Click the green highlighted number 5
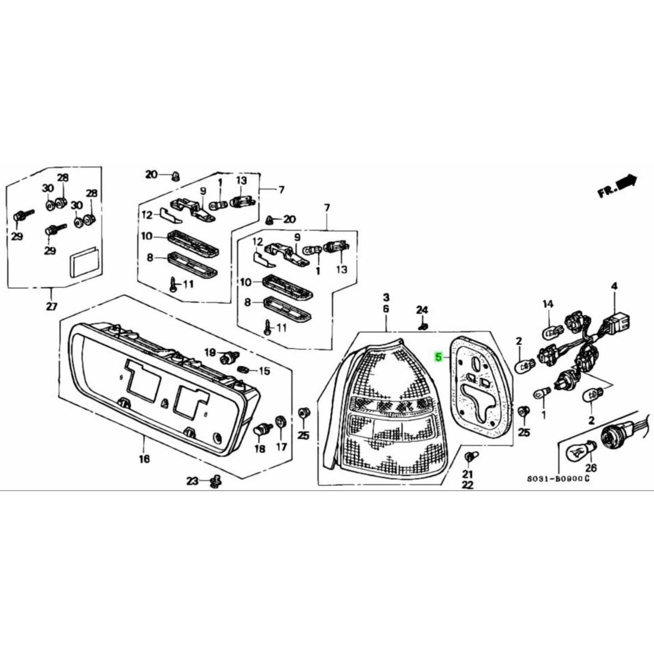click(438, 357)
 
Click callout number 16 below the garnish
click(144, 459)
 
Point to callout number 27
click(52, 306)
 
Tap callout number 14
click(548, 304)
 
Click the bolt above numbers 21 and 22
click(469, 457)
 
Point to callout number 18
click(259, 449)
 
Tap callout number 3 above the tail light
click(386, 297)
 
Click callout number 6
click(386, 309)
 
